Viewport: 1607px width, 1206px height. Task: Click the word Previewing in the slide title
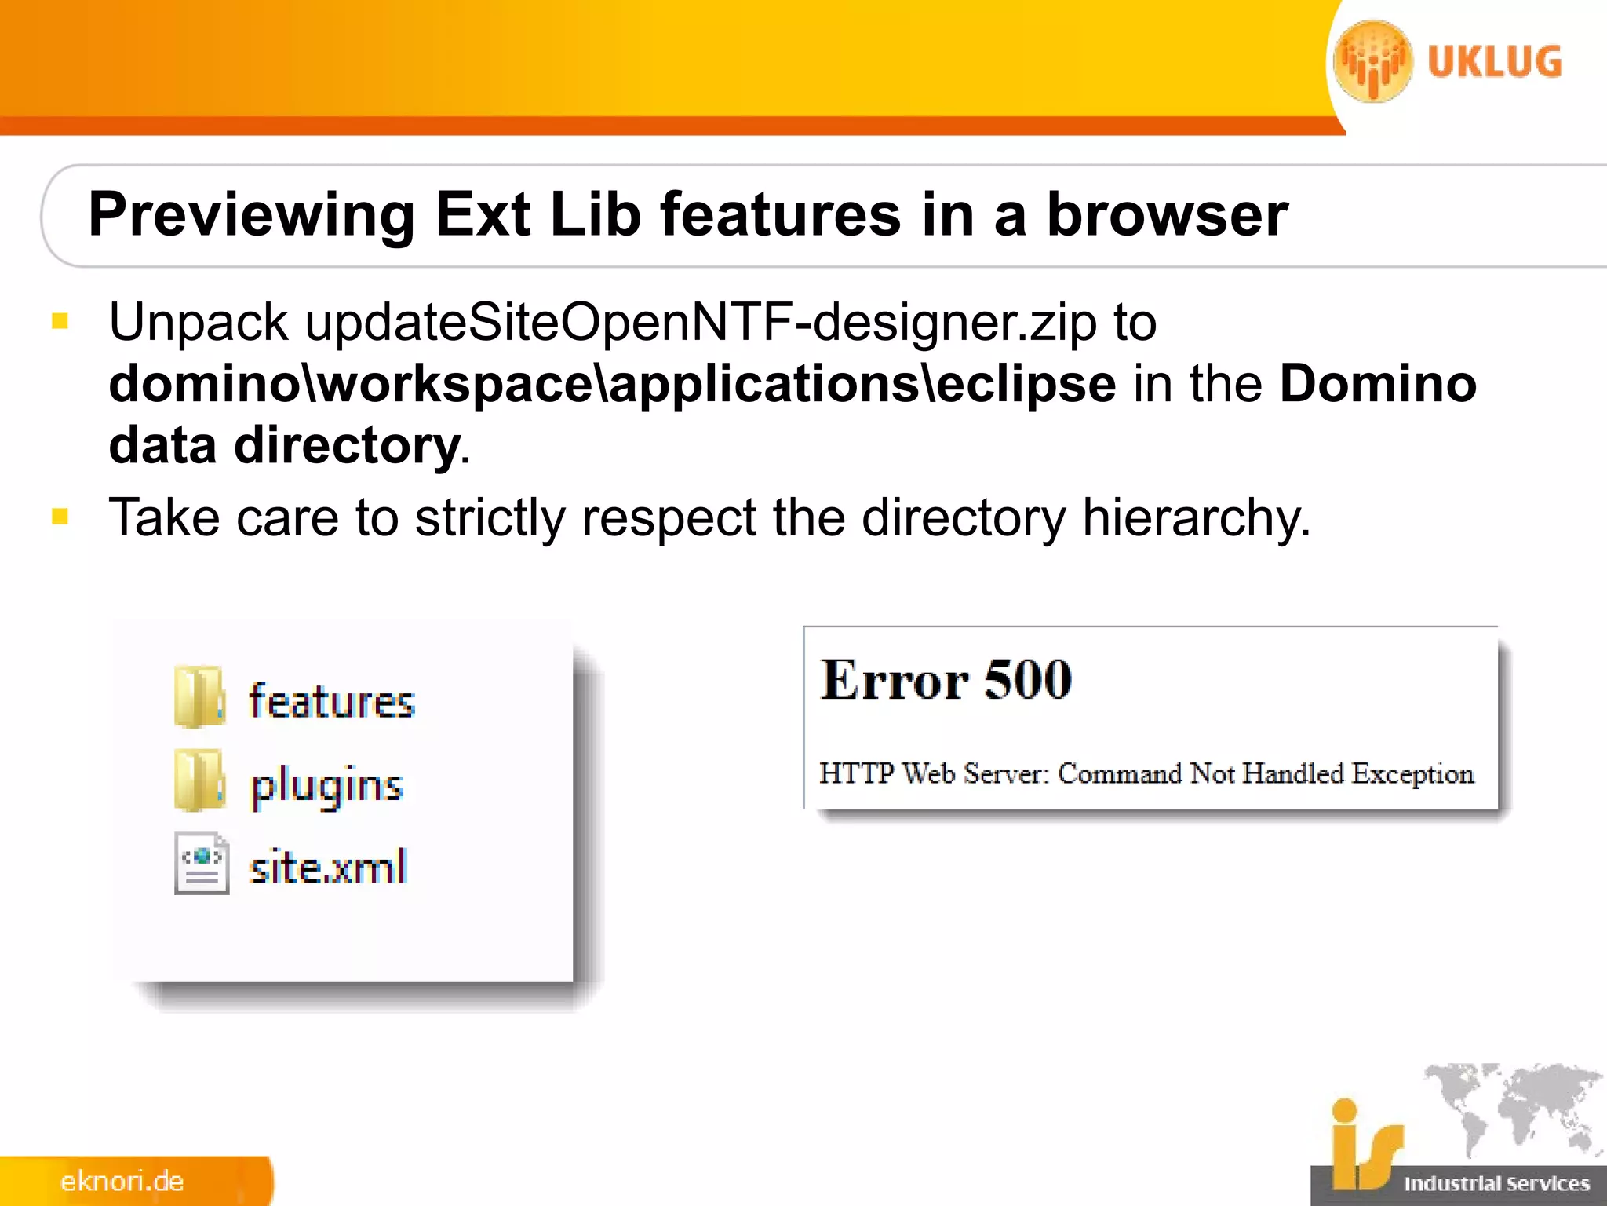pyautogui.click(x=251, y=215)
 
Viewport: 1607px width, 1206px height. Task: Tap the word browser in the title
pyautogui.click(x=1168, y=215)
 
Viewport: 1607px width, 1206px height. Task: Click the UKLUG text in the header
pyautogui.click(x=1495, y=62)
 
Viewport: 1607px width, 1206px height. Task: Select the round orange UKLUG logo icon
pyautogui.click(x=1373, y=62)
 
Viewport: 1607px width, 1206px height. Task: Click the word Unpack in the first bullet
pyautogui.click(x=199, y=323)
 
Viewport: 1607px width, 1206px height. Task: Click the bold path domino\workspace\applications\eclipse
pyautogui.click(x=612, y=384)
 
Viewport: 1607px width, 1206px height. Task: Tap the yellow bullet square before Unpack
pyautogui.click(x=60, y=320)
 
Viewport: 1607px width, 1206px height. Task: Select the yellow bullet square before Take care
pyautogui.click(x=60, y=516)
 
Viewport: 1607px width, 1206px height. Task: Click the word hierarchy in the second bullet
pyautogui.click(x=1196, y=519)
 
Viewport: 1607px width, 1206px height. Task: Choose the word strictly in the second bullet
pyautogui.click(x=490, y=519)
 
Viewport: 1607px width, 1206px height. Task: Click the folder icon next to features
pyautogui.click(x=199, y=697)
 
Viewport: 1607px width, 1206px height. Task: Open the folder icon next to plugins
pyautogui.click(x=199, y=780)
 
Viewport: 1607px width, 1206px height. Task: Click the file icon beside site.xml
pyautogui.click(x=202, y=864)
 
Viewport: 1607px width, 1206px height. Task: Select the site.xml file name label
pyautogui.click(x=329, y=868)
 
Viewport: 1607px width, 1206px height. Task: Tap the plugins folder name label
pyautogui.click(x=327, y=785)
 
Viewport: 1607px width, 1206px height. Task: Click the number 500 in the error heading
pyautogui.click(x=1027, y=680)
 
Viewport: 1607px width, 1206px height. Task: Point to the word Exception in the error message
pyautogui.click(x=1412, y=774)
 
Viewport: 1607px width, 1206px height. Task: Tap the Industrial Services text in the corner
pyautogui.click(x=1496, y=1184)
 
